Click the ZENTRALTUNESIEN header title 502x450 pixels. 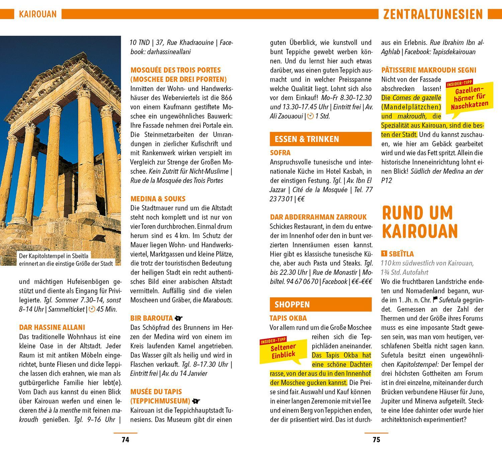[433, 14]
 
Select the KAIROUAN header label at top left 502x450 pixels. [38, 14]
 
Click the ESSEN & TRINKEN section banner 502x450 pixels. [320, 139]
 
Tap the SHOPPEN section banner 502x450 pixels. [320, 304]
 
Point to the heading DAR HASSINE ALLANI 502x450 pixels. [52, 327]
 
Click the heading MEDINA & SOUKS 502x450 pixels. [158, 199]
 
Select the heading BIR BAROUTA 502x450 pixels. [152, 318]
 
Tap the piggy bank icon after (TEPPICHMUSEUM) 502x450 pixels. [196, 401]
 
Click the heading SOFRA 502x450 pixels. [280, 153]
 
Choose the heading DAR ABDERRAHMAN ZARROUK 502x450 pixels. [318, 217]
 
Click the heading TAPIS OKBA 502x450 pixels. [288, 318]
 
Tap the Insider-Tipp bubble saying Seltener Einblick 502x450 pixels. [283, 350]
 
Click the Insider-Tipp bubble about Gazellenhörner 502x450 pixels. [467, 98]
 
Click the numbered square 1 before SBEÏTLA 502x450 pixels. [384, 254]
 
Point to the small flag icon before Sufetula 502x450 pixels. [435, 300]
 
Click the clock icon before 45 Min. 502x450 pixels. [92, 309]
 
